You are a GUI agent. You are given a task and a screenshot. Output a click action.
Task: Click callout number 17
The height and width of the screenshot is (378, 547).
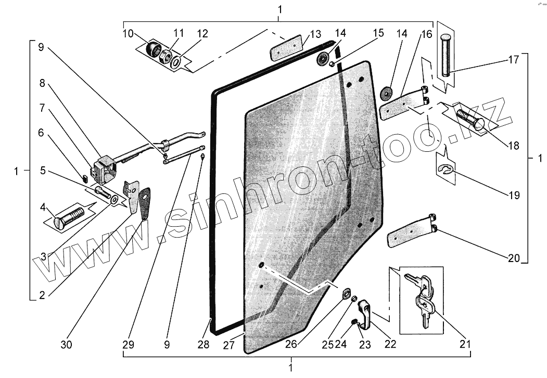tap(514, 60)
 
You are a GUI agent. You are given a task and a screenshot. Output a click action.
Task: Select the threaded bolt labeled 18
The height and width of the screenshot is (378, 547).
tap(469, 119)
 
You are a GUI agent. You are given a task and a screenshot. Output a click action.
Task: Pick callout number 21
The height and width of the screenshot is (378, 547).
tap(465, 344)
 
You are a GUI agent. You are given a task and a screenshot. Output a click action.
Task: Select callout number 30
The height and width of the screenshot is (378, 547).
tap(67, 344)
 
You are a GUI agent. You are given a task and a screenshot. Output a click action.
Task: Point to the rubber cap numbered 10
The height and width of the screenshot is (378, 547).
tap(154, 49)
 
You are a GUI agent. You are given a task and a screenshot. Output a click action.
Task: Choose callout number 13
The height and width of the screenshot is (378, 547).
tap(315, 35)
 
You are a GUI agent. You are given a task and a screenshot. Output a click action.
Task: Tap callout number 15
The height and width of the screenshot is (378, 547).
tap(378, 33)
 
